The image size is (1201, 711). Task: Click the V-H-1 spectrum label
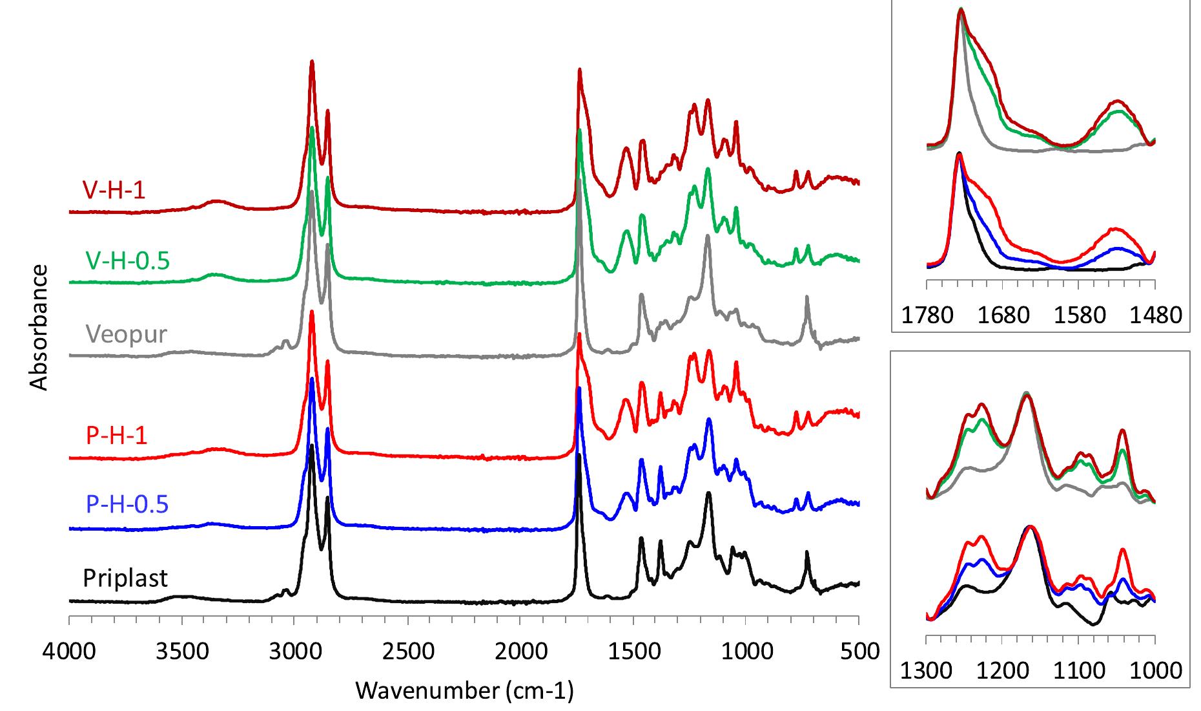click(x=114, y=190)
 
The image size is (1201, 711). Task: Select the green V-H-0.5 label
click(x=127, y=260)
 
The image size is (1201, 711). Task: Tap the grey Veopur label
click(x=126, y=334)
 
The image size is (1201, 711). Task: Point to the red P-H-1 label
click(x=116, y=435)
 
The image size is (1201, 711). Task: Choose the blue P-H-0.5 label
click(x=127, y=504)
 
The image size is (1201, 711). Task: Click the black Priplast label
click(x=125, y=577)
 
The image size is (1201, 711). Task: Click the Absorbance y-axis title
click(x=39, y=328)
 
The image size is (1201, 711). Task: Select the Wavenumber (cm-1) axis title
click(x=464, y=691)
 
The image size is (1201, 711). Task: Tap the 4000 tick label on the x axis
click(x=69, y=651)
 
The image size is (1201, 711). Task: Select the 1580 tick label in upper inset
click(x=1079, y=315)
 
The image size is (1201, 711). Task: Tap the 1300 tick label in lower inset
click(x=927, y=671)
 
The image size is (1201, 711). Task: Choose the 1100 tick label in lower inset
click(x=1079, y=671)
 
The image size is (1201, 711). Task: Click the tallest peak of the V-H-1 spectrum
click(x=312, y=62)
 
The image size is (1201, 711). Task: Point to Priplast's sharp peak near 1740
click(x=579, y=456)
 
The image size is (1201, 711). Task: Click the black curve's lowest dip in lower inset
click(x=1093, y=624)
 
